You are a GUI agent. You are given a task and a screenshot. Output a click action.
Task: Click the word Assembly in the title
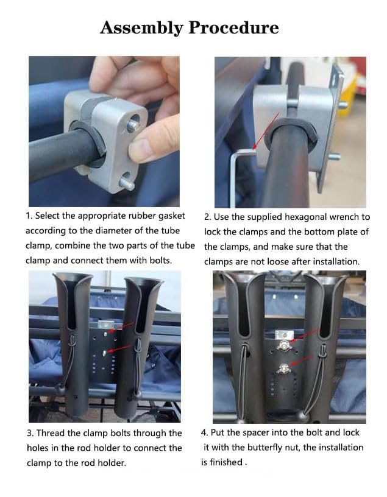click(141, 28)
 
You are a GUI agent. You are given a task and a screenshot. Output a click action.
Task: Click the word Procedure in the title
click(234, 27)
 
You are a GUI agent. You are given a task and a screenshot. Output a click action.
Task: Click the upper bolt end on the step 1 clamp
click(133, 125)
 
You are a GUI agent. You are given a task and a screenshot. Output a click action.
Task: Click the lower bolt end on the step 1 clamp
click(127, 184)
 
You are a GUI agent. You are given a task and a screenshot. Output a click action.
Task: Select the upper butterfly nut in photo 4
click(284, 345)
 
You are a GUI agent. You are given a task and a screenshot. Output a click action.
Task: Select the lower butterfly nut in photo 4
click(283, 368)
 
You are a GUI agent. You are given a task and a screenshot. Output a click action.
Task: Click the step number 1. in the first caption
click(29, 216)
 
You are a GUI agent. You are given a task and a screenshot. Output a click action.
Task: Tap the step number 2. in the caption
click(207, 217)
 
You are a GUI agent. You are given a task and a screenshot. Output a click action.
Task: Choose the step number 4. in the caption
click(204, 432)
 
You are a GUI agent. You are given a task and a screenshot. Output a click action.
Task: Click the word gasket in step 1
click(172, 216)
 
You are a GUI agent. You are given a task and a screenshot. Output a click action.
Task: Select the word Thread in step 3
click(51, 433)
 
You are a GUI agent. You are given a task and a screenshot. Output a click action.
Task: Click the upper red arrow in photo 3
click(122, 327)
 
